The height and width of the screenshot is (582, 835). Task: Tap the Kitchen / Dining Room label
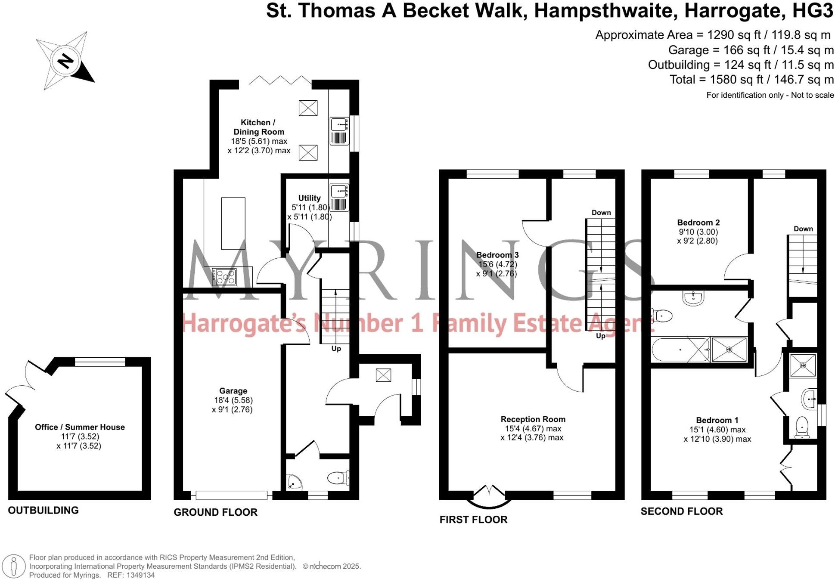click(258, 127)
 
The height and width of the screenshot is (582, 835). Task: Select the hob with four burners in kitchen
click(224, 277)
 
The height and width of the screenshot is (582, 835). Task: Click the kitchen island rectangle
click(233, 223)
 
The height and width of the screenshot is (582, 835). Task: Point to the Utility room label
click(309, 198)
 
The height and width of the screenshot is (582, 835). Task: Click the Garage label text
click(233, 391)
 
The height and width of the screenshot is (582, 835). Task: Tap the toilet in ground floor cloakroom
click(338, 477)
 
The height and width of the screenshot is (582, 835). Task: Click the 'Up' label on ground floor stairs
click(336, 349)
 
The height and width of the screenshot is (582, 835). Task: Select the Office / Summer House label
click(80, 427)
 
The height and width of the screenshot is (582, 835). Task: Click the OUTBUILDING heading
click(43, 510)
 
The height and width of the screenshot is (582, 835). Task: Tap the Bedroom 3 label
click(497, 255)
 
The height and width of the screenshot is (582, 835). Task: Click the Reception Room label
click(533, 419)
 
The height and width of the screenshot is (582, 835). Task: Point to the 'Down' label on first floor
click(601, 213)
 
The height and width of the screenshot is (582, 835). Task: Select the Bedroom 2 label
click(698, 223)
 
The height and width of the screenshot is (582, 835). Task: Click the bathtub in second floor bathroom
click(680, 350)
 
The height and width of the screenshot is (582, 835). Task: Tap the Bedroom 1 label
click(717, 420)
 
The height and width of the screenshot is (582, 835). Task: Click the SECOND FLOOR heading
click(681, 511)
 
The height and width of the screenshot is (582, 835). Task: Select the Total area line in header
click(751, 80)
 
